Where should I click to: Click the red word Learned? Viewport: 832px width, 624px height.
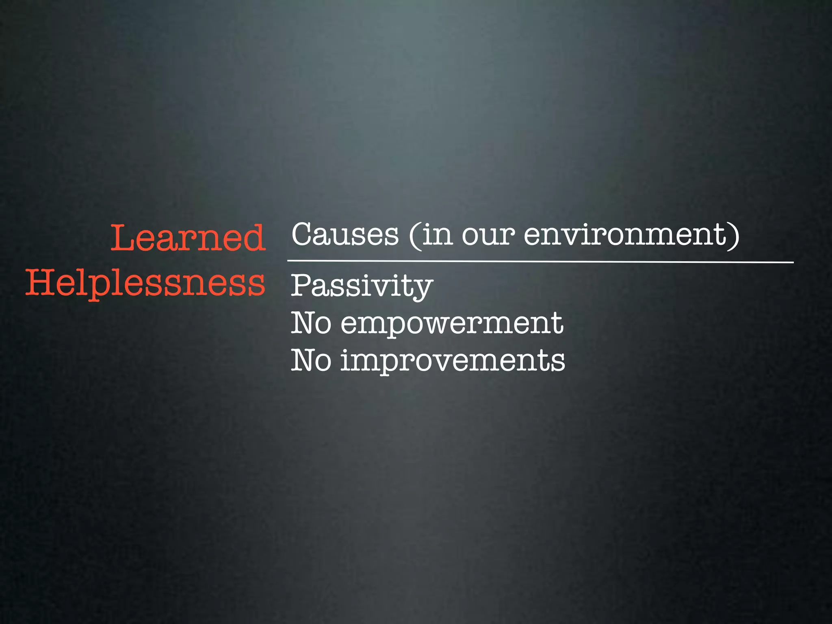point(188,238)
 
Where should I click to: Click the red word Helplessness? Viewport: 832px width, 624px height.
point(145,283)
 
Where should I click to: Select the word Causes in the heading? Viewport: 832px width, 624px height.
point(345,234)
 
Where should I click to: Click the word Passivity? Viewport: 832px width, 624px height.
point(362,286)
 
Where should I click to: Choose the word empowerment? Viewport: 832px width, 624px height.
point(452,323)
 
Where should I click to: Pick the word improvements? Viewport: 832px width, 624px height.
point(453,361)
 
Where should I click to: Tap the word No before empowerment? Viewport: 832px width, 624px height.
point(311,323)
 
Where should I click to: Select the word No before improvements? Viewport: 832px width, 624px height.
point(311,361)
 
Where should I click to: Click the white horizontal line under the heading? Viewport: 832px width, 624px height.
point(540,262)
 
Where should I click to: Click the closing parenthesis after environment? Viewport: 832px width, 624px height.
point(734,236)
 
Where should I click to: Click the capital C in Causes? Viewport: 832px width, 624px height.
point(305,234)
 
